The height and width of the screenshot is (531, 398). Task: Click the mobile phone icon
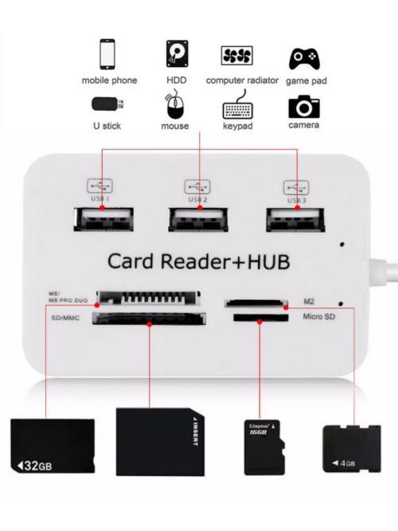click(107, 54)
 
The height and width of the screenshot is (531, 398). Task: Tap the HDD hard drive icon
click(178, 53)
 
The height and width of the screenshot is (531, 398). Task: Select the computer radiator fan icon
click(237, 56)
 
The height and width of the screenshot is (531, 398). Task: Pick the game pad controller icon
click(304, 59)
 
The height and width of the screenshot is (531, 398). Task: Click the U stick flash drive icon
click(107, 104)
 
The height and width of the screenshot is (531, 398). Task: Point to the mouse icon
click(175, 104)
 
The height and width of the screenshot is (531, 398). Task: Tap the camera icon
click(304, 107)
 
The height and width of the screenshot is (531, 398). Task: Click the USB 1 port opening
click(103, 220)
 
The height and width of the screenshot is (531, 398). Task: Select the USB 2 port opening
click(198, 220)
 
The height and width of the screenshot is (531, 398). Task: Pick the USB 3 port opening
click(295, 220)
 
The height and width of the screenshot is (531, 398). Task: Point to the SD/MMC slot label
click(65, 318)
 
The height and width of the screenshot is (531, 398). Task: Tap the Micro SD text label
click(318, 317)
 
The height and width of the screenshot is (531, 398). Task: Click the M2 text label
click(309, 301)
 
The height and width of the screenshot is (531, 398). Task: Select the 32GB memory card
click(53, 446)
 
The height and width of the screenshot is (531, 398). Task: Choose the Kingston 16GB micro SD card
click(264, 447)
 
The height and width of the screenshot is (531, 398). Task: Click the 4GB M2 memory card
click(352, 448)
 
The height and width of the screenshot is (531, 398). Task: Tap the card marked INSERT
click(160, 442)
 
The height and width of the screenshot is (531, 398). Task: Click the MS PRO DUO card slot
click(148, 298)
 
